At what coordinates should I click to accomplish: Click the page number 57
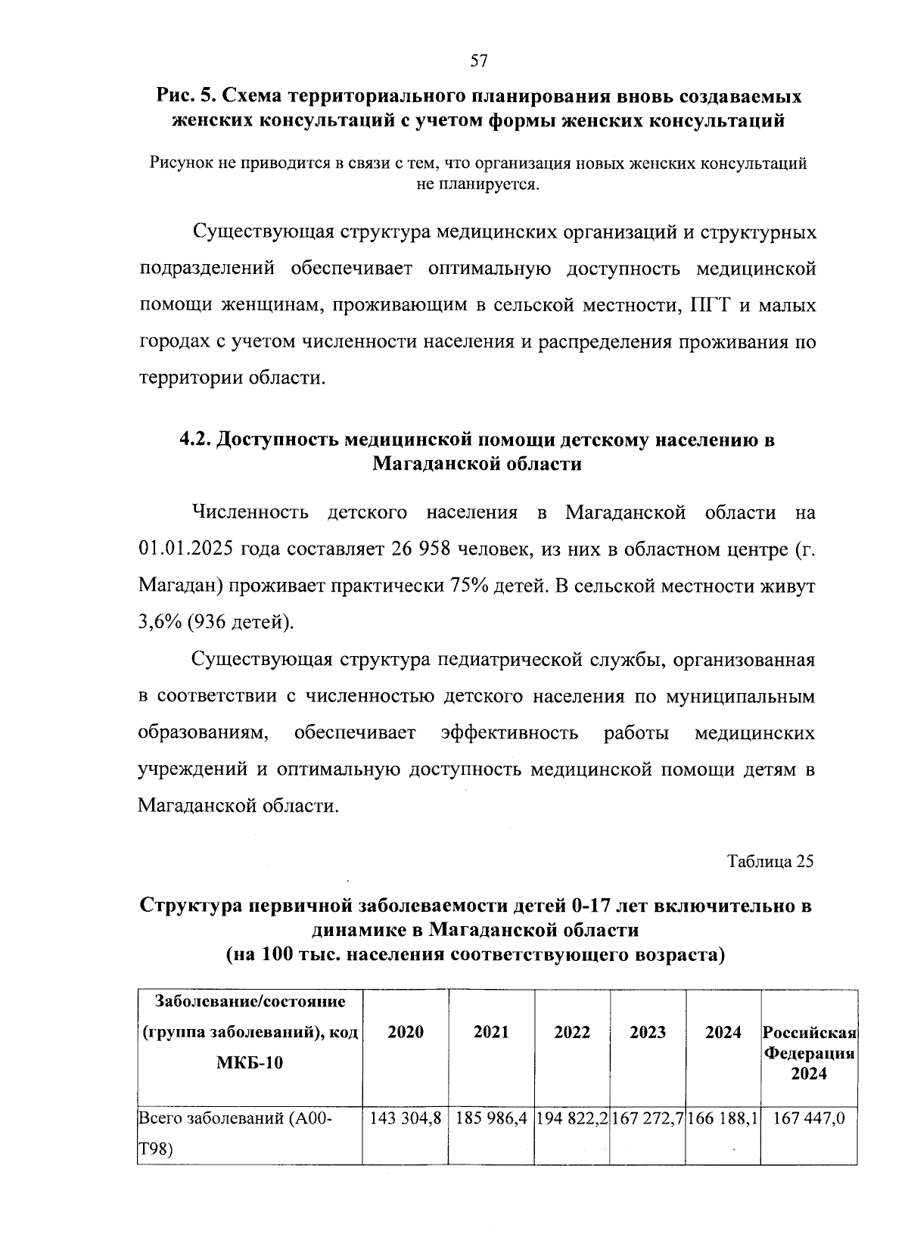click(477, 62)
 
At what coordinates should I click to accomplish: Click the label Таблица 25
click(770, 861)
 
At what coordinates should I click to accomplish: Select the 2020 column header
click(406, 1032)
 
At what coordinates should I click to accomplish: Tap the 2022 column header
click(572, 1032)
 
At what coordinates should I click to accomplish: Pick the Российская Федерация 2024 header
click(809, 1053)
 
